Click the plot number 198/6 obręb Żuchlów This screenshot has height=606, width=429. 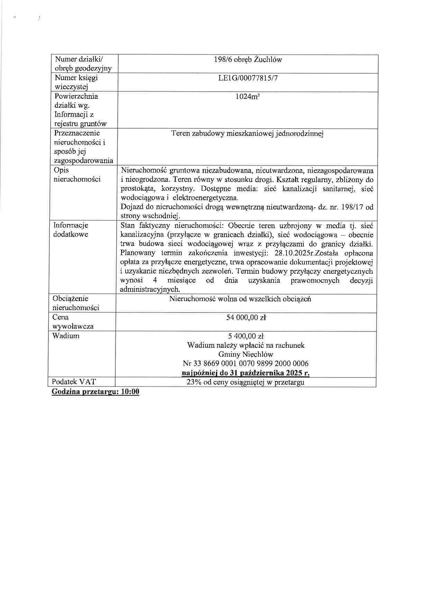click(248, 59)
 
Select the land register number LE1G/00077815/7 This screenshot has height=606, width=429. click(248, 78)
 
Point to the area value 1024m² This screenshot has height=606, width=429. click(248, 96)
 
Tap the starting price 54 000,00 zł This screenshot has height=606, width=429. click(246, 317)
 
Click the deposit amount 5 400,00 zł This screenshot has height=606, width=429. click(246, 336)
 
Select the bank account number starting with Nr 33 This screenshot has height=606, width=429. click(246, 364)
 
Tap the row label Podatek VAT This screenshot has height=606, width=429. click(74, 382)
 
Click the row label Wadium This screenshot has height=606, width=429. click(66, 336)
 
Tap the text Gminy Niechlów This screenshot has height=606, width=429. click(246, 354)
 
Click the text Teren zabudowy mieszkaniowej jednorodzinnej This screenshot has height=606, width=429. click(247, 133)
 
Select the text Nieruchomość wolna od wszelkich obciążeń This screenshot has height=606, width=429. click(240, 299)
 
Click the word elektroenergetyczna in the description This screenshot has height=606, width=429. click(209, 198)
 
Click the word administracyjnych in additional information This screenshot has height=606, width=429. click(150, 289)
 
